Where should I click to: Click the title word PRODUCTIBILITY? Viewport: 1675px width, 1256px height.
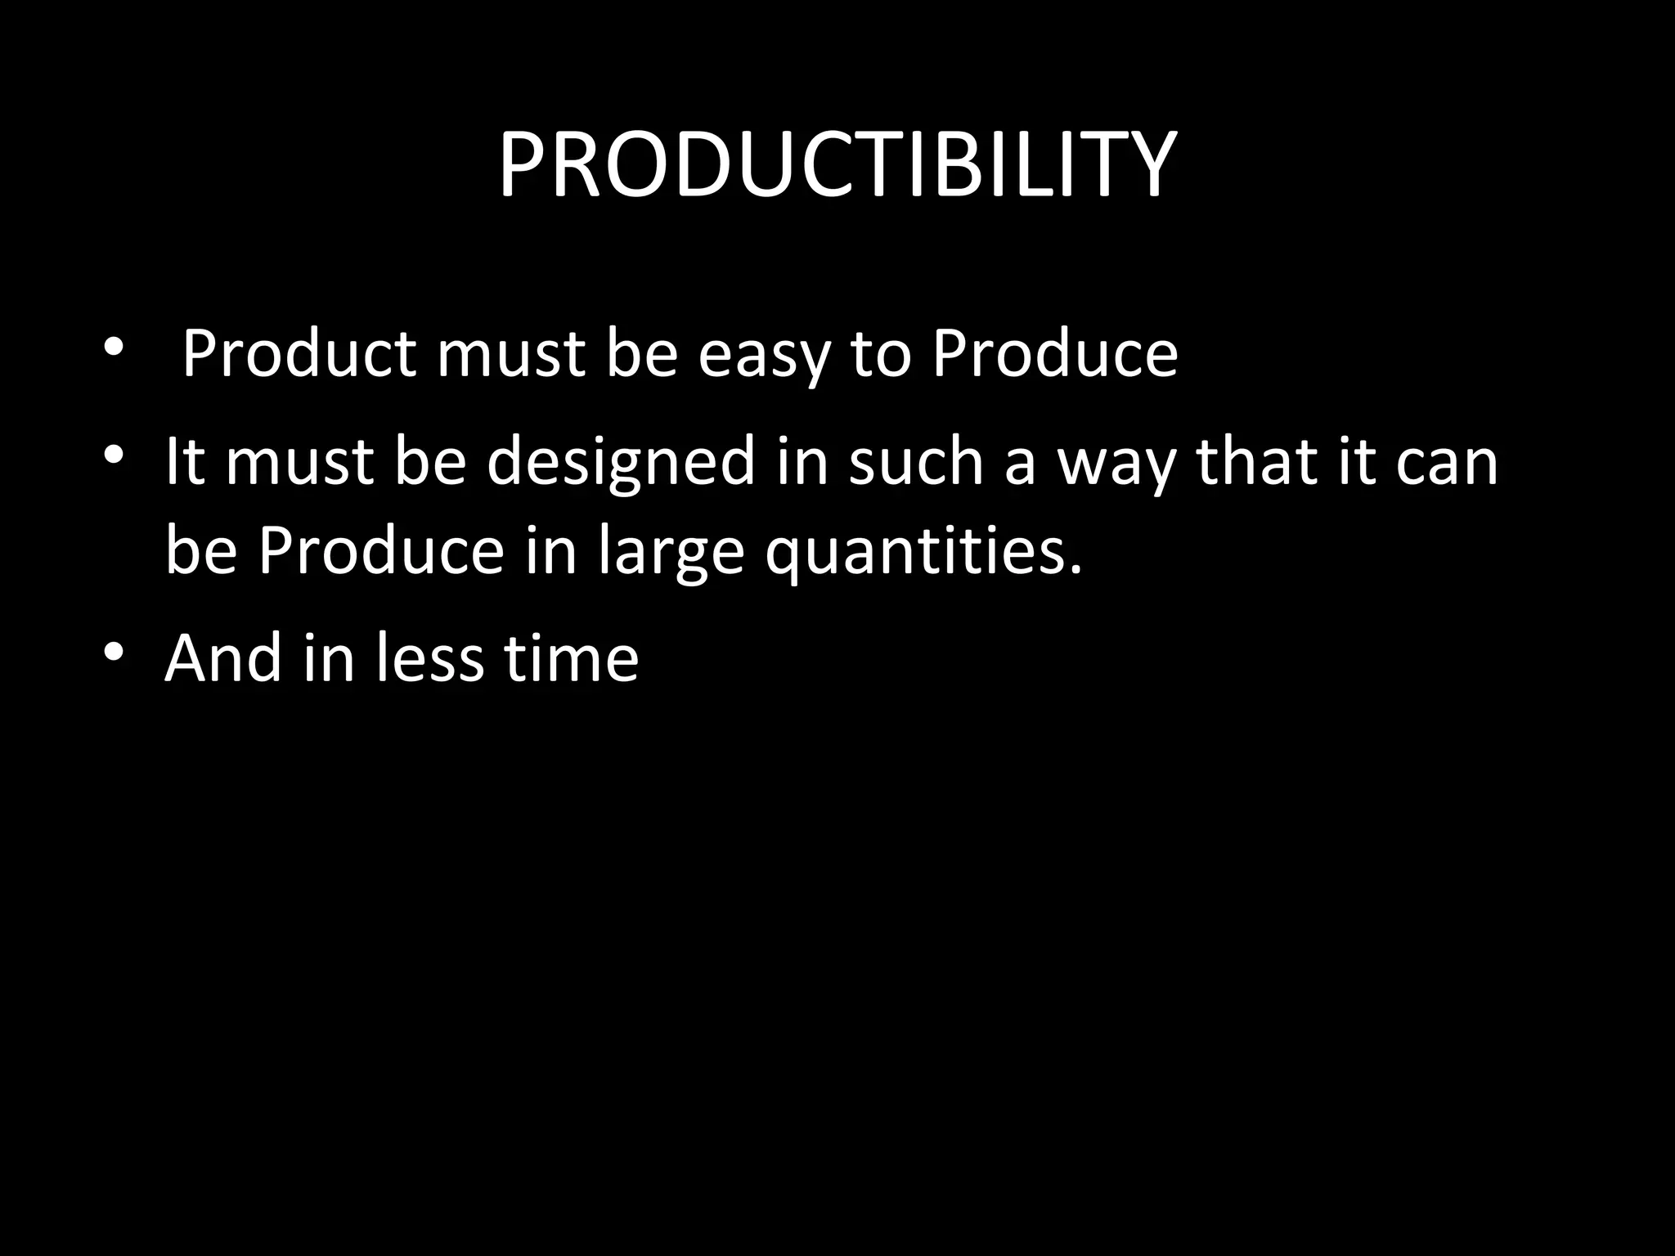click(x=837, y=165)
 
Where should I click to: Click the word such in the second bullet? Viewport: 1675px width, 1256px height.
click(x=915, y=461)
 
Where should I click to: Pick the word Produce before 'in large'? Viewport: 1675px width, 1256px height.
click(x=381, y=550)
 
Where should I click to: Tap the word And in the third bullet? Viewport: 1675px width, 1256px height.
click(x=223, y=657)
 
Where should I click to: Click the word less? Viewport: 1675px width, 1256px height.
click(x=429, y=657)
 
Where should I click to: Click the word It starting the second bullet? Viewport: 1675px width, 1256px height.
click(x=184, y=461)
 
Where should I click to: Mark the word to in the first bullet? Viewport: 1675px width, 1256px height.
click(x=880, y=356)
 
